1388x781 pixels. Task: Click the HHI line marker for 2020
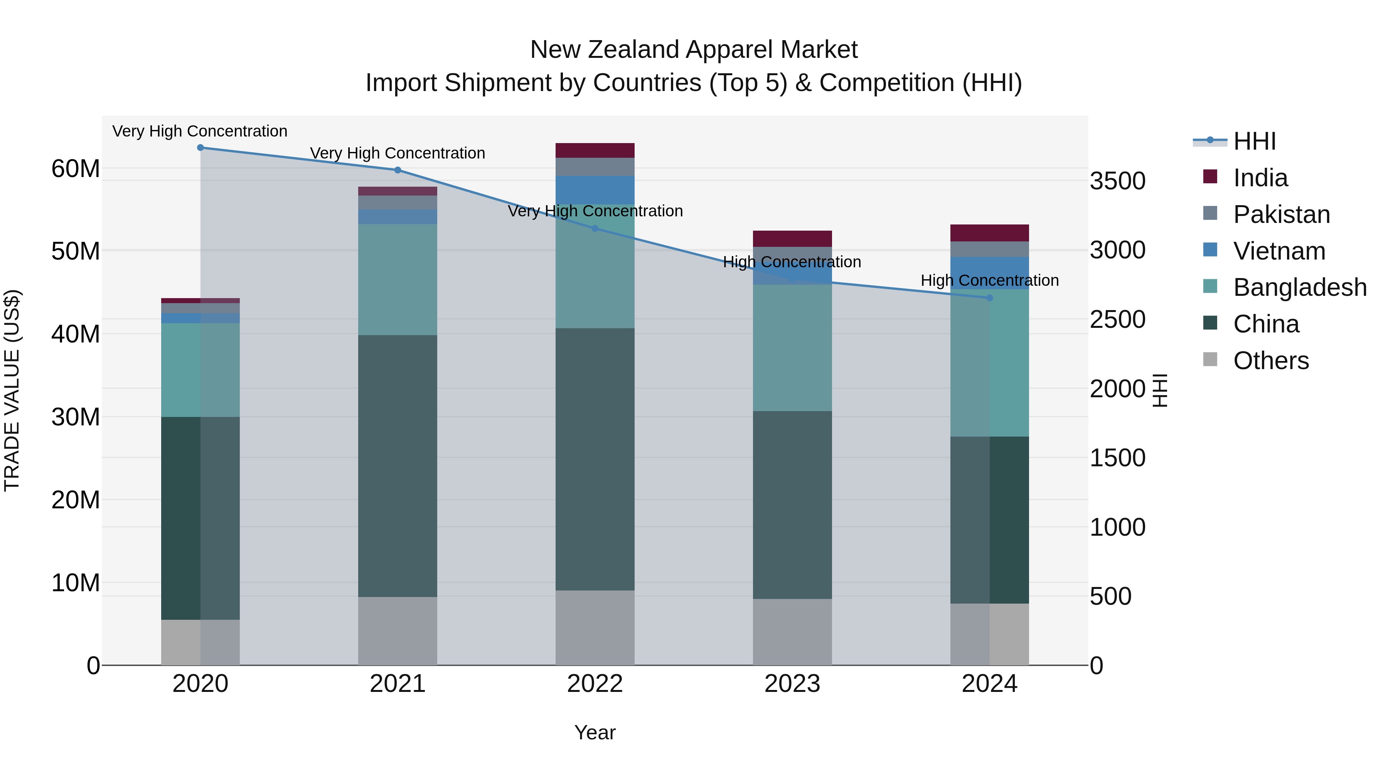pos(200,148)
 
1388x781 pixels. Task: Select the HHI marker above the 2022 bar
pos(595,229)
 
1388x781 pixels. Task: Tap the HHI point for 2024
pos(989,298)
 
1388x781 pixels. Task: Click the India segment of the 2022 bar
pos(595,150)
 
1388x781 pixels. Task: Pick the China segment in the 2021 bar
pos(398,466)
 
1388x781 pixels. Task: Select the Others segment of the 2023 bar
pos(792,632)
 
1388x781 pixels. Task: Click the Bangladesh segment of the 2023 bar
pos(792,347)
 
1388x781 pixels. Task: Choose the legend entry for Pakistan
pos(1281,214)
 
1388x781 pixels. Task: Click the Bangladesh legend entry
pos(1300,287)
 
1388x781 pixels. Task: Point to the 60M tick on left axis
pos(76,169)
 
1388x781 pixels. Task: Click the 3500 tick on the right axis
pos(1117,181)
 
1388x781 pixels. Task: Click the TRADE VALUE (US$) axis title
pos(12,390)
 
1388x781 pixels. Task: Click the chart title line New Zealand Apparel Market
pos(694,50)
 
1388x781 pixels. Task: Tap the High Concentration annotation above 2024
pos(989,281)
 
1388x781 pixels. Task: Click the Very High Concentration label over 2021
pos(398,154)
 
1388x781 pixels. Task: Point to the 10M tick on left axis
pos(76,583)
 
